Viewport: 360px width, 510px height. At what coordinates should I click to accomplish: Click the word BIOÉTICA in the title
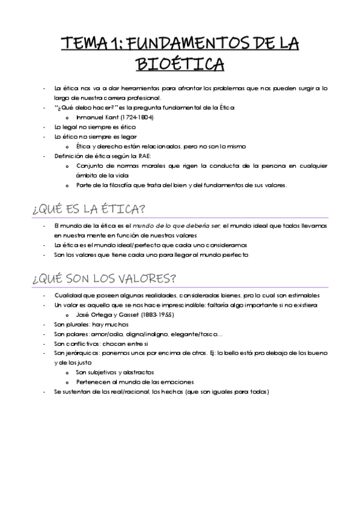180,63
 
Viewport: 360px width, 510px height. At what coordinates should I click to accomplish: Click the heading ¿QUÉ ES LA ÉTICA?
90,209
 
